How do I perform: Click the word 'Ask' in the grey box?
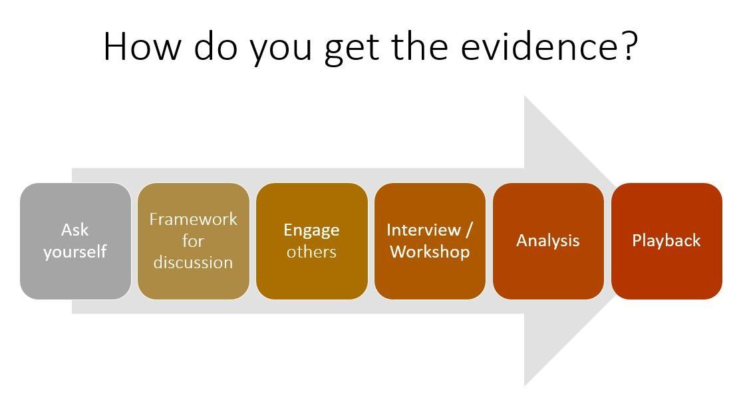75,230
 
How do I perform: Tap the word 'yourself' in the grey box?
75,252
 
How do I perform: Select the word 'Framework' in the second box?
194,218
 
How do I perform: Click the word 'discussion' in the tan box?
194,262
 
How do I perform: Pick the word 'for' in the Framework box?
194,240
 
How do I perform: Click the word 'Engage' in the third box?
312,230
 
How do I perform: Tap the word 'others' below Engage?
312,252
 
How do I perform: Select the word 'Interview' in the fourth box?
424,230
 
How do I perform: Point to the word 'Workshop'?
430,252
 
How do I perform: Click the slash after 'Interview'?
469,230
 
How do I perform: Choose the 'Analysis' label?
548,241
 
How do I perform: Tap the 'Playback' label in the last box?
667,240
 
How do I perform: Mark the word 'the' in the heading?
420,47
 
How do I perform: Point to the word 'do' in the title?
215,47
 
